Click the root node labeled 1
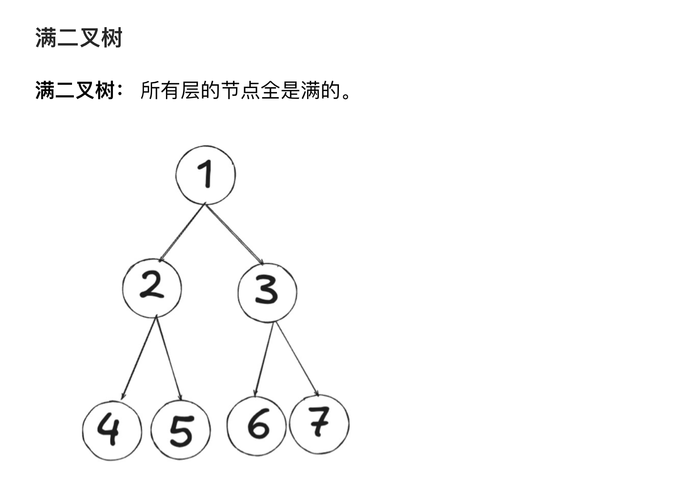[x=205, y=175]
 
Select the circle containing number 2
[x=152, y=288]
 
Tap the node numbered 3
[x=267, y=292]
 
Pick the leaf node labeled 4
[x=112, y=430]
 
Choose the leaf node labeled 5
[x=181, y=430]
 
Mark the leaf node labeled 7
[x=319, y=423]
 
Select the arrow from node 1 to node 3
[x=234, y=233]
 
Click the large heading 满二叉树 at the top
[x=79, y=38]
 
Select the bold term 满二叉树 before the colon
[x=75, y=90]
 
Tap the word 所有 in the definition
[x=160, y=90]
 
